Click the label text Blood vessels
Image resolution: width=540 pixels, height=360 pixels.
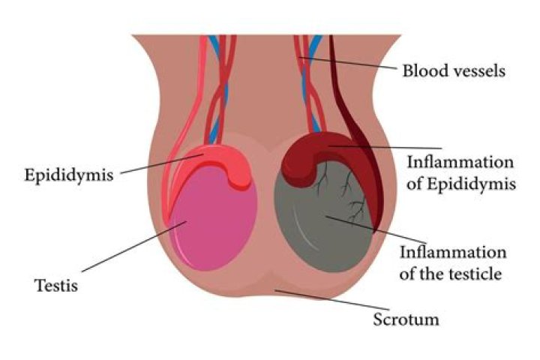click(x=454, y=70)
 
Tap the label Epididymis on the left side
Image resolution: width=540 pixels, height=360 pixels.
click(x=69, y=175)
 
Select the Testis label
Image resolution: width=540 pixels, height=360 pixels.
click(x=56, y=286)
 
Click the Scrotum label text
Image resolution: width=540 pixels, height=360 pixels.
click(x=406, y=319)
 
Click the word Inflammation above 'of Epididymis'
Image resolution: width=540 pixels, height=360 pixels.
click(x=460, y=162)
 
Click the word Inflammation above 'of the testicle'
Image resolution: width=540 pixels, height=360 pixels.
click(x=453, y=252)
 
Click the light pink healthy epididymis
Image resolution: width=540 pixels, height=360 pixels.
click(x=220, y=162)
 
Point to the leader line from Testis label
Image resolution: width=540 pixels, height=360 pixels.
click(x=134, y=246)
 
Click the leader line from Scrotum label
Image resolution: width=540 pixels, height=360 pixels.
click(x=332, y=300)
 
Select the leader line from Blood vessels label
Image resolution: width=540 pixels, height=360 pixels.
click(x=348, y=63)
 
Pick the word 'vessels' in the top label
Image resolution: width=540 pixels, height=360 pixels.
click(x=479, y=70)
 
